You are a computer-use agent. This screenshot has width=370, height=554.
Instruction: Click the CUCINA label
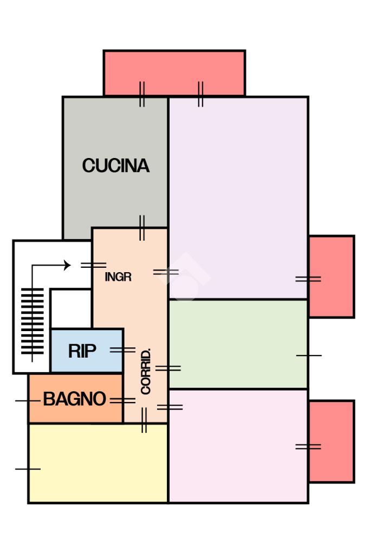click(x=116, y=166)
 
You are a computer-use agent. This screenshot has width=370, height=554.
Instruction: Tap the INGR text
click(x=118, y=276)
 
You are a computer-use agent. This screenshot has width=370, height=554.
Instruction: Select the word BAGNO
click(x=74, y=399)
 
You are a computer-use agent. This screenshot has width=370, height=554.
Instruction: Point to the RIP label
click(x=82, y=351)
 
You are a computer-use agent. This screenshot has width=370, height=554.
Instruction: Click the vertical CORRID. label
click(x=146, y=371)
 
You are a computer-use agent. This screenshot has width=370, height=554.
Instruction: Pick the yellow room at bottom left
click(x=98, y=463)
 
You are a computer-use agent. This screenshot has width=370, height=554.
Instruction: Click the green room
click(x=238, y=344)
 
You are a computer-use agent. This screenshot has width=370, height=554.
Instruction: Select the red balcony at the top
click(x=174, y=73)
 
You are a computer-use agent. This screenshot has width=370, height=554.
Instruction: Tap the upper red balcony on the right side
click(x=332, y=276)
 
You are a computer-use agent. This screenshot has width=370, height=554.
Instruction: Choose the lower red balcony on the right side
click(x=332, y=441)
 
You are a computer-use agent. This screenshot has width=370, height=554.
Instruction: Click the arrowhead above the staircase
click(x=67, y=265)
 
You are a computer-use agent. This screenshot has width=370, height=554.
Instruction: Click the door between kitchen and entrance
click(x=142, y=228)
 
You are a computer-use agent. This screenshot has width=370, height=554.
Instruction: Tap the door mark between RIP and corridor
click(x=122, y=350)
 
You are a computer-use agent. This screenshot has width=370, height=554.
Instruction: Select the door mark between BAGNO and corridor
click(x=122, y=401)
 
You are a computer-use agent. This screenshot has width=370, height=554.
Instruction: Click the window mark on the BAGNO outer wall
click(x=28, y=401)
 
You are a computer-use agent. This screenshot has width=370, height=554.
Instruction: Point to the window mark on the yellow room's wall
click(x=28, y=469)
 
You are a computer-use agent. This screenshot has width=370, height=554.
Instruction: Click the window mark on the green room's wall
click(x=309, y=355)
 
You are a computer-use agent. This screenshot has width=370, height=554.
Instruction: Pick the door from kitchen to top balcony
click(x=142, y=94)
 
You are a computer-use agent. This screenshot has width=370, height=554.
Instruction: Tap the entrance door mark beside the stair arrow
click(x=93, y=265)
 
